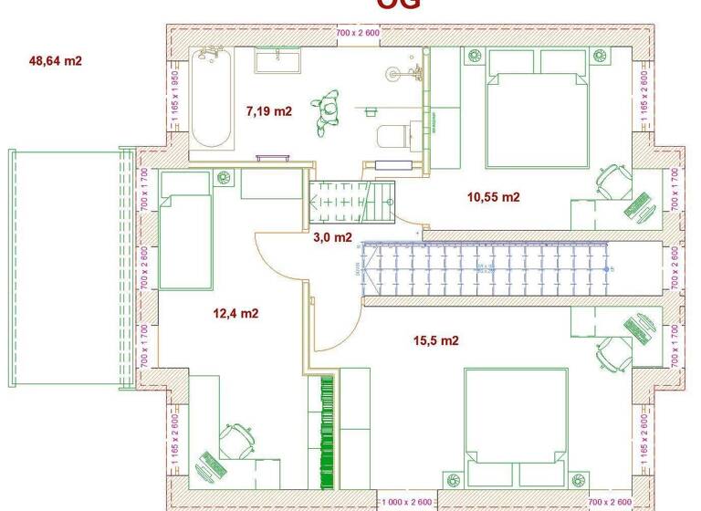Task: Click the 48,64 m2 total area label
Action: [56, 61]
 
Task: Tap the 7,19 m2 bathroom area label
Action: [268, 111]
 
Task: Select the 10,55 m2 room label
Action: [493, 196]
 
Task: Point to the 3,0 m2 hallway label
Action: [332, 238]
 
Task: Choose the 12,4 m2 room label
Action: [235, 313]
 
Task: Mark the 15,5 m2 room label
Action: [435, 340]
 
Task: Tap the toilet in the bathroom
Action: [392, 135]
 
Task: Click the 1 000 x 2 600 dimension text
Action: [407, 503]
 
